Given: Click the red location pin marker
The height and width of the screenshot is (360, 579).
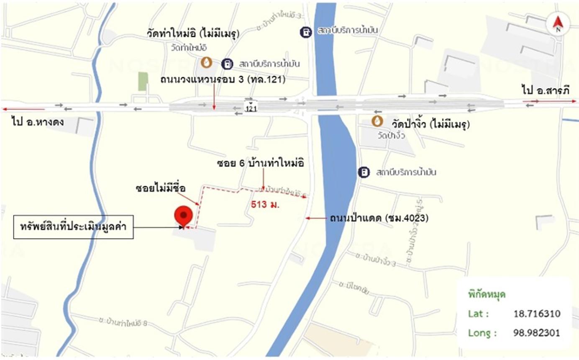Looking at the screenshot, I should coord(183,215).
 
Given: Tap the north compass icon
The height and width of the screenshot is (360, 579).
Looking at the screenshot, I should coord(557,24).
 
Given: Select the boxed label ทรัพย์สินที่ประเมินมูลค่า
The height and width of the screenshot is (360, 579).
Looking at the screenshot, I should coord(73,227).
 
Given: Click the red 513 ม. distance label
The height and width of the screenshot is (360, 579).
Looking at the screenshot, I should coord(265,205).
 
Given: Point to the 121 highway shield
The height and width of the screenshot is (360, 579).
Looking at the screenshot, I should coord(251,108).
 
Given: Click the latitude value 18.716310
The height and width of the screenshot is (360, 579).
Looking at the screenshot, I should coord(537,314).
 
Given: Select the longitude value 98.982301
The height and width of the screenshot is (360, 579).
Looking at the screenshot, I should coord(537,333).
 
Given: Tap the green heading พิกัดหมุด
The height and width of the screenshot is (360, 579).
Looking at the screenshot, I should coord(487,294).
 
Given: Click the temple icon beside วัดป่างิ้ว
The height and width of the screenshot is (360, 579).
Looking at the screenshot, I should coord(377,121).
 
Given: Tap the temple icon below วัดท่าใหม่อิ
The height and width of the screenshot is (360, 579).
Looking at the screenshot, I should coord(206,63).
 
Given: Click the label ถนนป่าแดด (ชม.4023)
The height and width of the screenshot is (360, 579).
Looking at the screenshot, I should coord(379,218).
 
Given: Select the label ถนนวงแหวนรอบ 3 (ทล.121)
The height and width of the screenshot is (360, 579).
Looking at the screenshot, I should coord(223,80).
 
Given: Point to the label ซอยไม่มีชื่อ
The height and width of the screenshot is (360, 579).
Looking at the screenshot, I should coord(161,188).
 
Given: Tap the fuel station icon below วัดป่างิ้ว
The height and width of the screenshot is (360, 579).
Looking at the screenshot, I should coord(364,172).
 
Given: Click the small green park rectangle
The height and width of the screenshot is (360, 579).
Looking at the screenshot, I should coord(143,81).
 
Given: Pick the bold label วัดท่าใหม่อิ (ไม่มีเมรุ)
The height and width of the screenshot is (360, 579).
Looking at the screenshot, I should coord(193,33).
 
